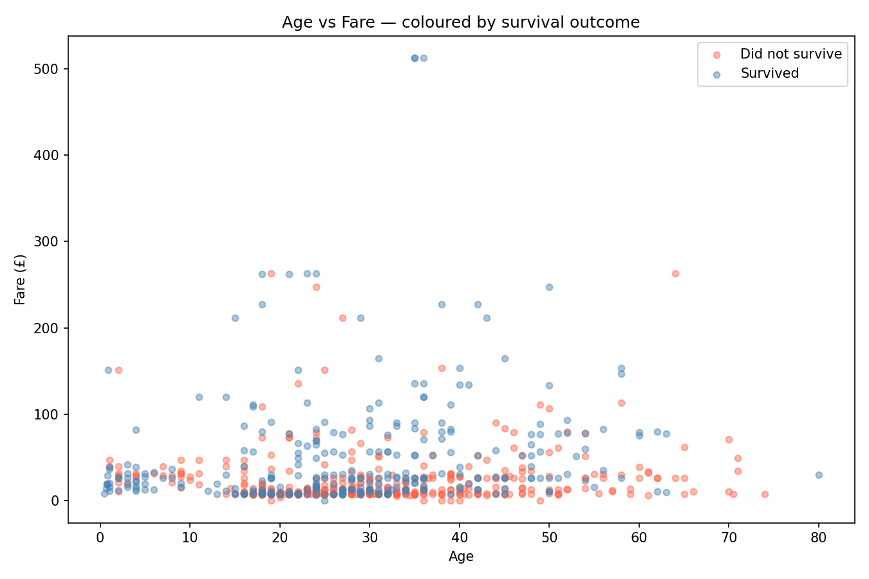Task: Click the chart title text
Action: pos(461,23)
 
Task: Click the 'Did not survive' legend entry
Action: pos(790,54)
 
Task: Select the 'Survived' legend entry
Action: pos(769,73)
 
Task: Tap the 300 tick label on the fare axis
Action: pos(51,242)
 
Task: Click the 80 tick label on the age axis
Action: pos(819,538)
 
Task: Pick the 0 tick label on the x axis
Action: pos(100,538)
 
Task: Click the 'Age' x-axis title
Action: pos(461,556)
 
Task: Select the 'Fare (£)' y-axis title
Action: pos(21,280)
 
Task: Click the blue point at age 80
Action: pos(819,475)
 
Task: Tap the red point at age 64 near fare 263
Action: pos(675,273)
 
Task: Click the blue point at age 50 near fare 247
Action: pos(549,287)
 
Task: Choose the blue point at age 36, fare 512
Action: pos(424,58)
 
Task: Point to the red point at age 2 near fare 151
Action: pos(118,370)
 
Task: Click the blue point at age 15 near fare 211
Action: pos(235,318)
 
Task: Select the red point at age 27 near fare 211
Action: pos(342,318)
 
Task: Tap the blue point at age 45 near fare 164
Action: pos(505,358)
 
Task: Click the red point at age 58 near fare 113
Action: pos(621,403)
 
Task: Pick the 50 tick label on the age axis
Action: pos(549,538)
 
